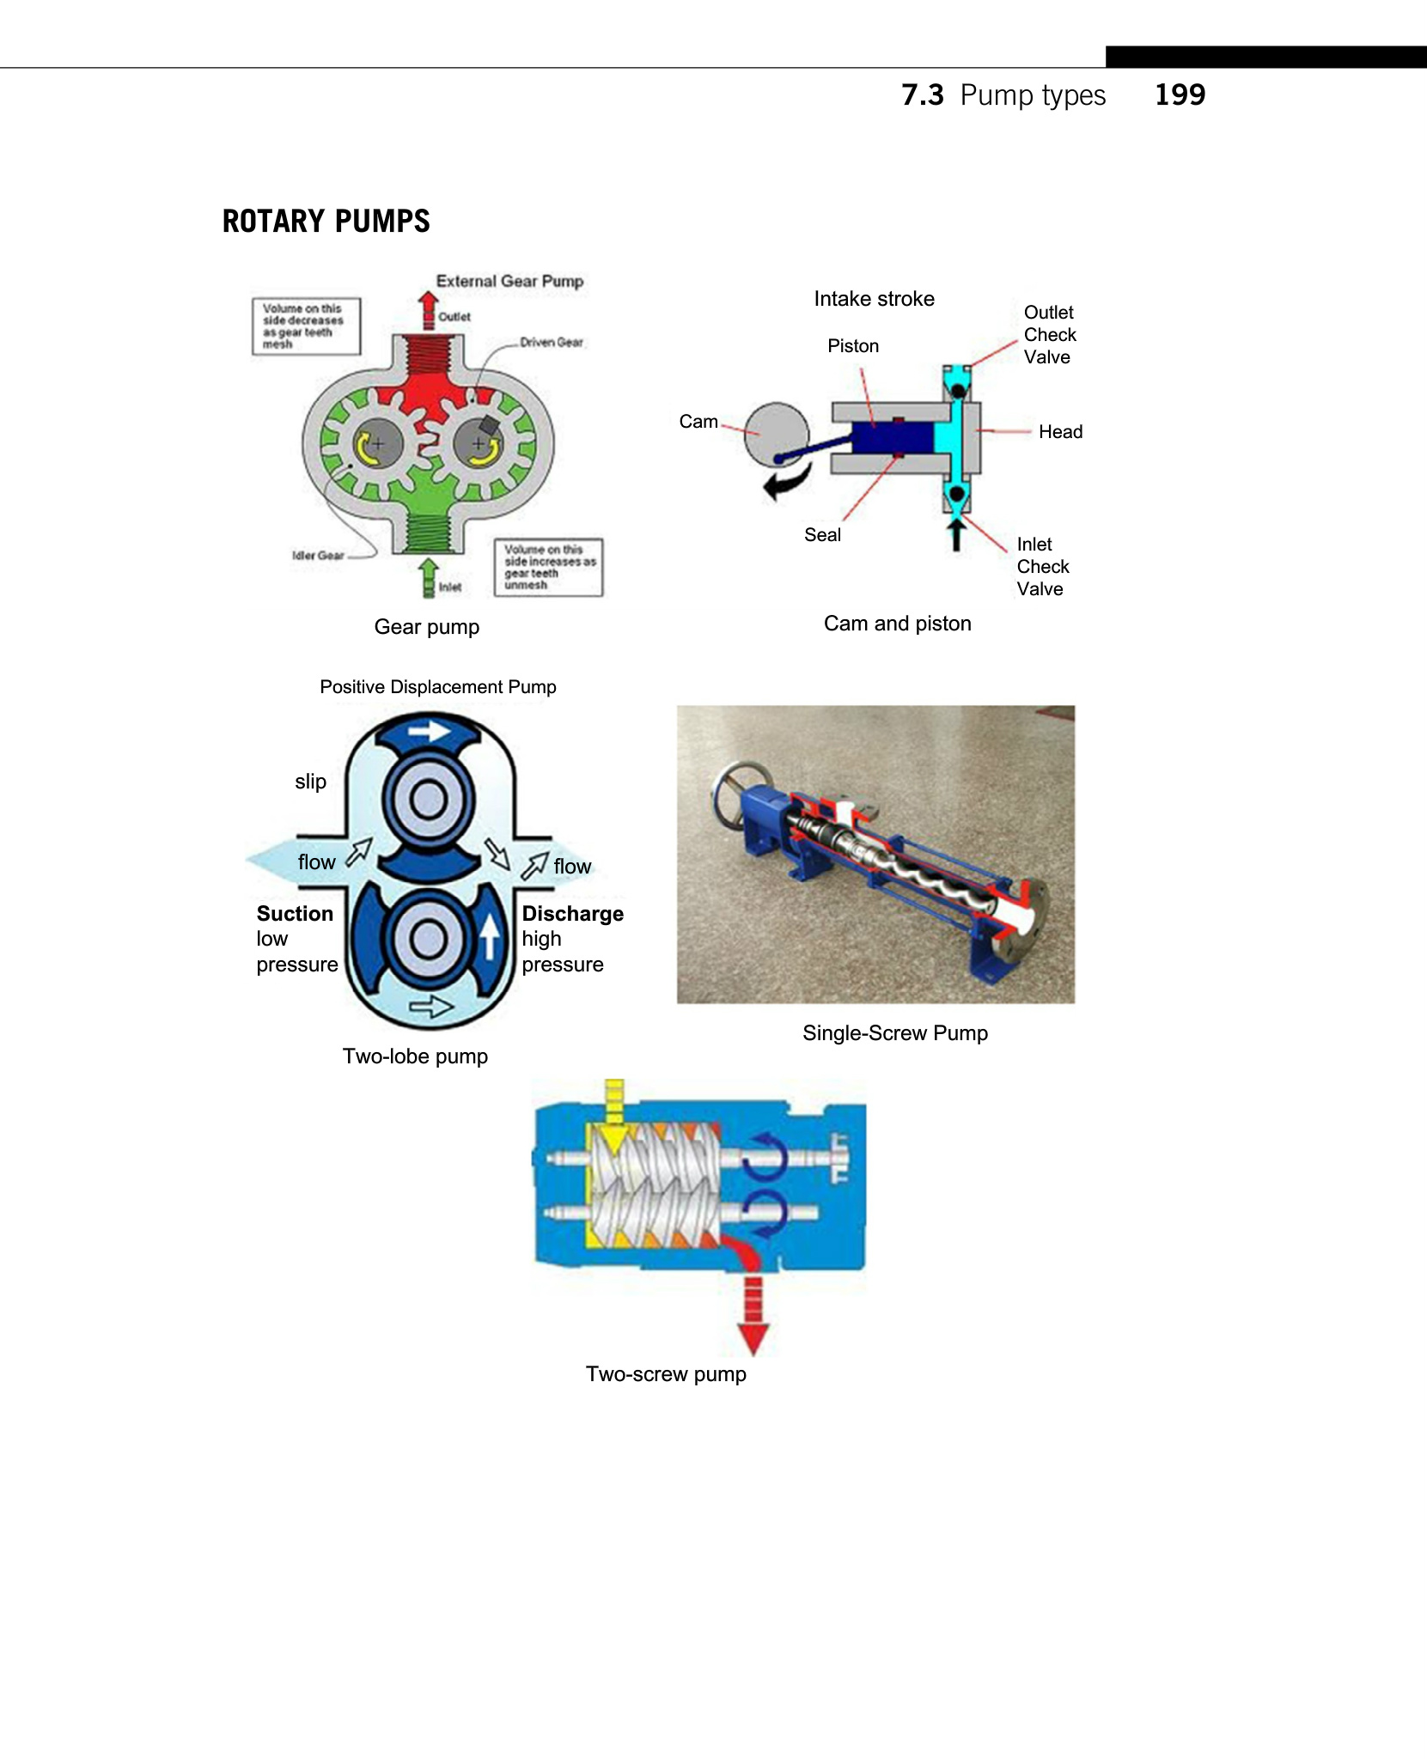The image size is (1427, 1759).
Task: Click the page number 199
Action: tap(1179, 94)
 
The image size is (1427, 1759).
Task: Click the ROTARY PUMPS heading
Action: tap(326, 222)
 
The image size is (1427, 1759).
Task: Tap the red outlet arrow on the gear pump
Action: tap(428, 308)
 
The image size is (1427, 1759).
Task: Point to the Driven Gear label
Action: tap(551, 342)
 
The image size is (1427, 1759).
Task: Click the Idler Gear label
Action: tap(318, 556)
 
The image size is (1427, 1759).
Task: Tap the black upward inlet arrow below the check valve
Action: tap(956, 533)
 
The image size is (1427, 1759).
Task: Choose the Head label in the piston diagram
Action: tap(1060, 432)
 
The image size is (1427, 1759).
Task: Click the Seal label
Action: tap(822, 535)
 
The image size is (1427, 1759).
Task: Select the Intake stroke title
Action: tap(874, 299)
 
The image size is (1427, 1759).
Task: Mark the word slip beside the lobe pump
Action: tap(310, 782)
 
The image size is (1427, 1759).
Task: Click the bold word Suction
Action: tap(295, 914)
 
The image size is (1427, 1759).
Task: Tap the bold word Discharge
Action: tap(572, 914)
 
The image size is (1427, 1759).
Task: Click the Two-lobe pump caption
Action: tap(415, 1056)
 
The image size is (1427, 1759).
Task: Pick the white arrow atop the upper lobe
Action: tap(429, 731)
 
